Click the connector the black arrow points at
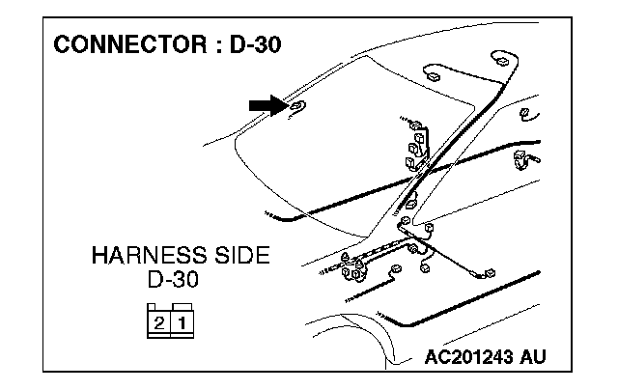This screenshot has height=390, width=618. tap(297, 106)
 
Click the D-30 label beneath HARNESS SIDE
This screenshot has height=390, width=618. tap(180, 281)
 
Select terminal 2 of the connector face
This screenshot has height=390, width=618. tap(158, 321)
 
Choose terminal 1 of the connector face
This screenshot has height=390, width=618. tap(179, 321)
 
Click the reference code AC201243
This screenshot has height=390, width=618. tap(467, 358)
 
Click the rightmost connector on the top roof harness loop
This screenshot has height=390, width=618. tap(502, 60)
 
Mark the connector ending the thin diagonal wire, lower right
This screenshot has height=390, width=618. tap(489, 277)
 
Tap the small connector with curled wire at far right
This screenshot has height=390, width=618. tap(524, 115)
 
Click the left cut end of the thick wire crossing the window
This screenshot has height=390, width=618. tap(271, 218)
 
